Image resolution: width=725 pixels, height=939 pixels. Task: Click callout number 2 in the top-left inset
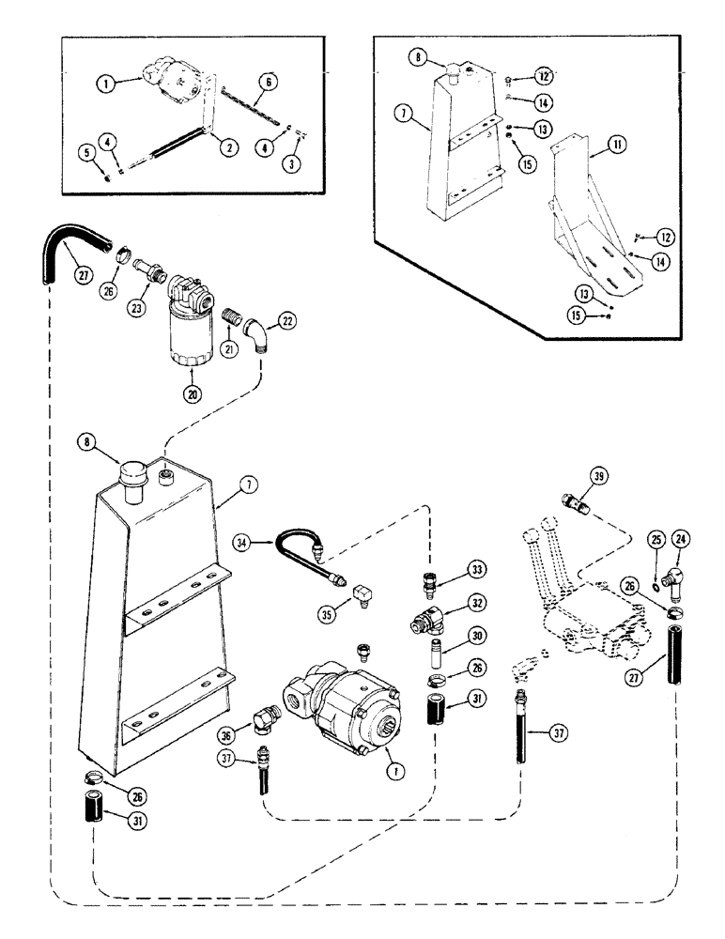(225, 146)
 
